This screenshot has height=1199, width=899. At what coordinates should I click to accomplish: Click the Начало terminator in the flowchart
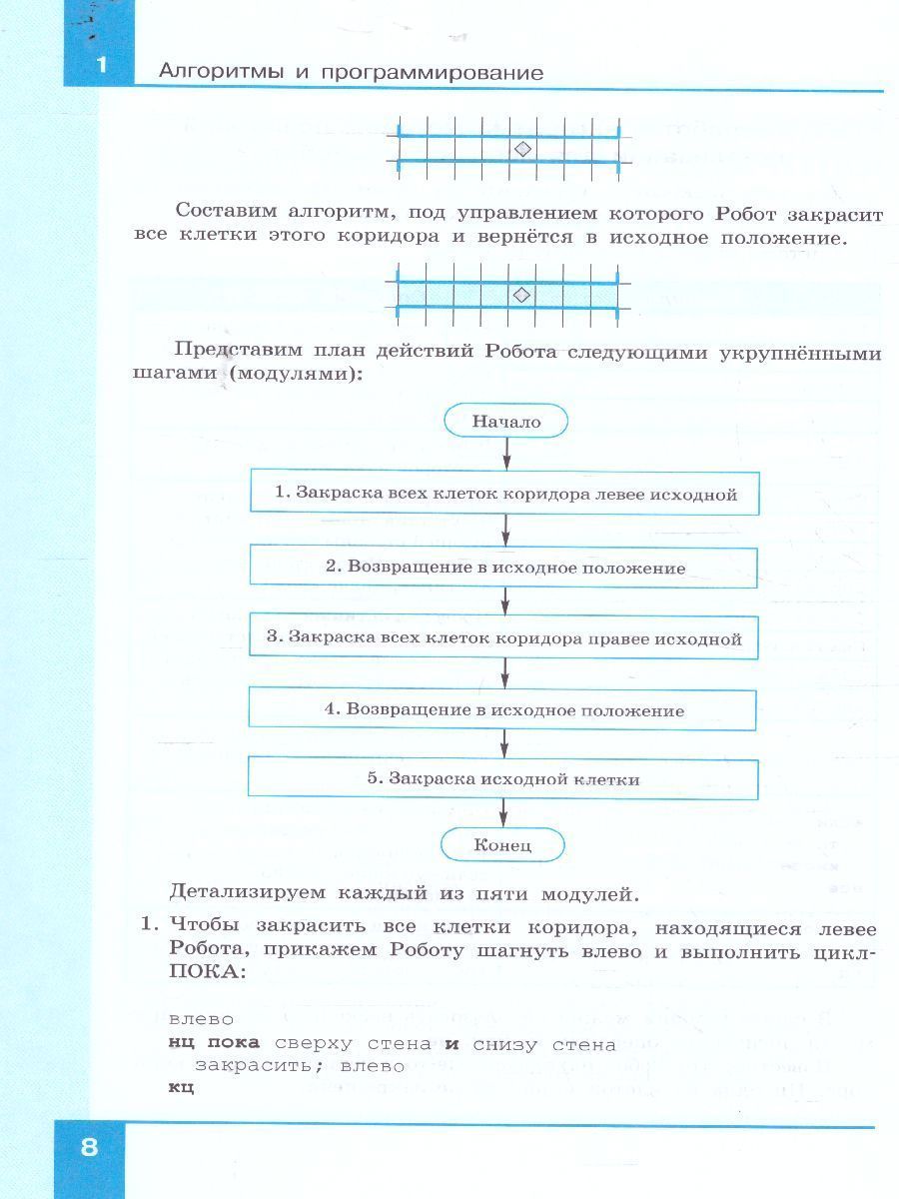(505, 422)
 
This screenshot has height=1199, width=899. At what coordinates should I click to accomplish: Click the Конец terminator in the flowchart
(502, 844)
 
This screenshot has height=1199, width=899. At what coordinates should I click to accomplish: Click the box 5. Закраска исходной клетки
(502, 778)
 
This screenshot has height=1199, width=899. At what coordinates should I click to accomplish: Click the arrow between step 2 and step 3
(505, 601)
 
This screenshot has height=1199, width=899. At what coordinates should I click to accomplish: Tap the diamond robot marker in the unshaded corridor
(521, 149)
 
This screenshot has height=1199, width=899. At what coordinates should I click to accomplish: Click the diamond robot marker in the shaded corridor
(521, 295)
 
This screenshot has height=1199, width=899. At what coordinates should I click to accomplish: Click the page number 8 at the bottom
(89, 1145)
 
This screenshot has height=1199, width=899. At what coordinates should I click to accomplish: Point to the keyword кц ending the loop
(181, 1087)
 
